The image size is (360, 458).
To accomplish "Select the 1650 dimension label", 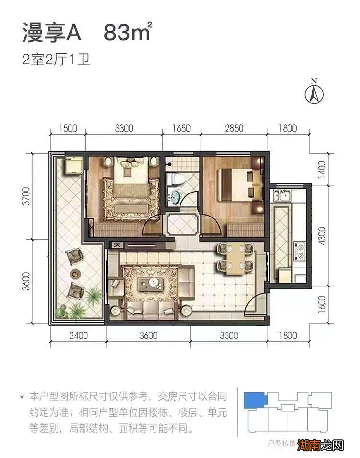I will (181, 128).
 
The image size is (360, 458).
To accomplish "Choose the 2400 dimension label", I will (78, 336).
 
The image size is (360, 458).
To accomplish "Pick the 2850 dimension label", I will (234, 128).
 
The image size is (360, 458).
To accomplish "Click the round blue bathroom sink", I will (175, 197).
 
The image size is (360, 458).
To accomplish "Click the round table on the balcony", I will (76, 274).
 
